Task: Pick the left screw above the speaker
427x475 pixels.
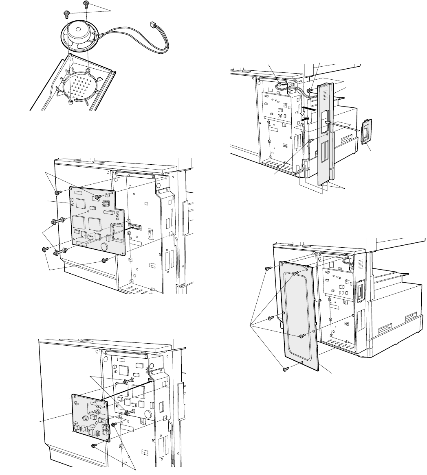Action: [x=66, y=15]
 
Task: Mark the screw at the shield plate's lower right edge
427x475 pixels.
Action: [x=302, y=336]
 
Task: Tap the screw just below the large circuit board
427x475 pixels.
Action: [x=104, y=259]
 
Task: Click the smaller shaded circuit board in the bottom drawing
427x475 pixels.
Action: [x=90, y=417]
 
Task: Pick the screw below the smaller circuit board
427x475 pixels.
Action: [x=94, y=446]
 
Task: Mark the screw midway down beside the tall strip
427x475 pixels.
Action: [x=310, y=140]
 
